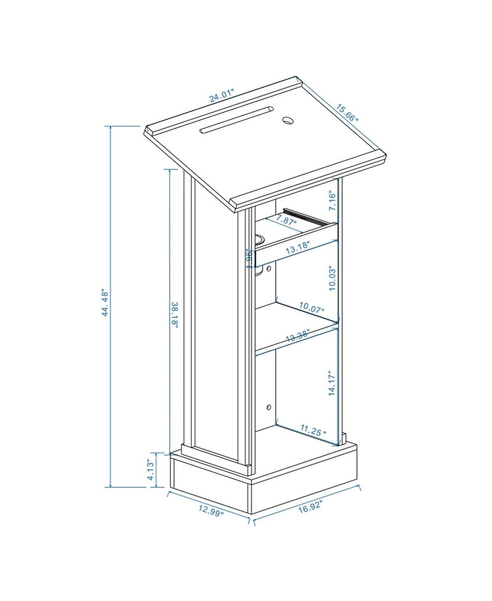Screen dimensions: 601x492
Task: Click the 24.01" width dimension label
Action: [221, 97]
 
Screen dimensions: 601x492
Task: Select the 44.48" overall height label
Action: [105, 303]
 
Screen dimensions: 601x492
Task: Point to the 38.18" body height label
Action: [174, 314]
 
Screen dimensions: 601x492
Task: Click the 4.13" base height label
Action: [150, 469]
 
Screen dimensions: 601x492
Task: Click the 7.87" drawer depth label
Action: [286, 220]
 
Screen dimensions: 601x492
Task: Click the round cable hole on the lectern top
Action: [288, 120]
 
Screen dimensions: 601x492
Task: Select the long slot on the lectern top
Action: [236, 121]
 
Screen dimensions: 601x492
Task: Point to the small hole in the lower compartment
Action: [268, 407]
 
